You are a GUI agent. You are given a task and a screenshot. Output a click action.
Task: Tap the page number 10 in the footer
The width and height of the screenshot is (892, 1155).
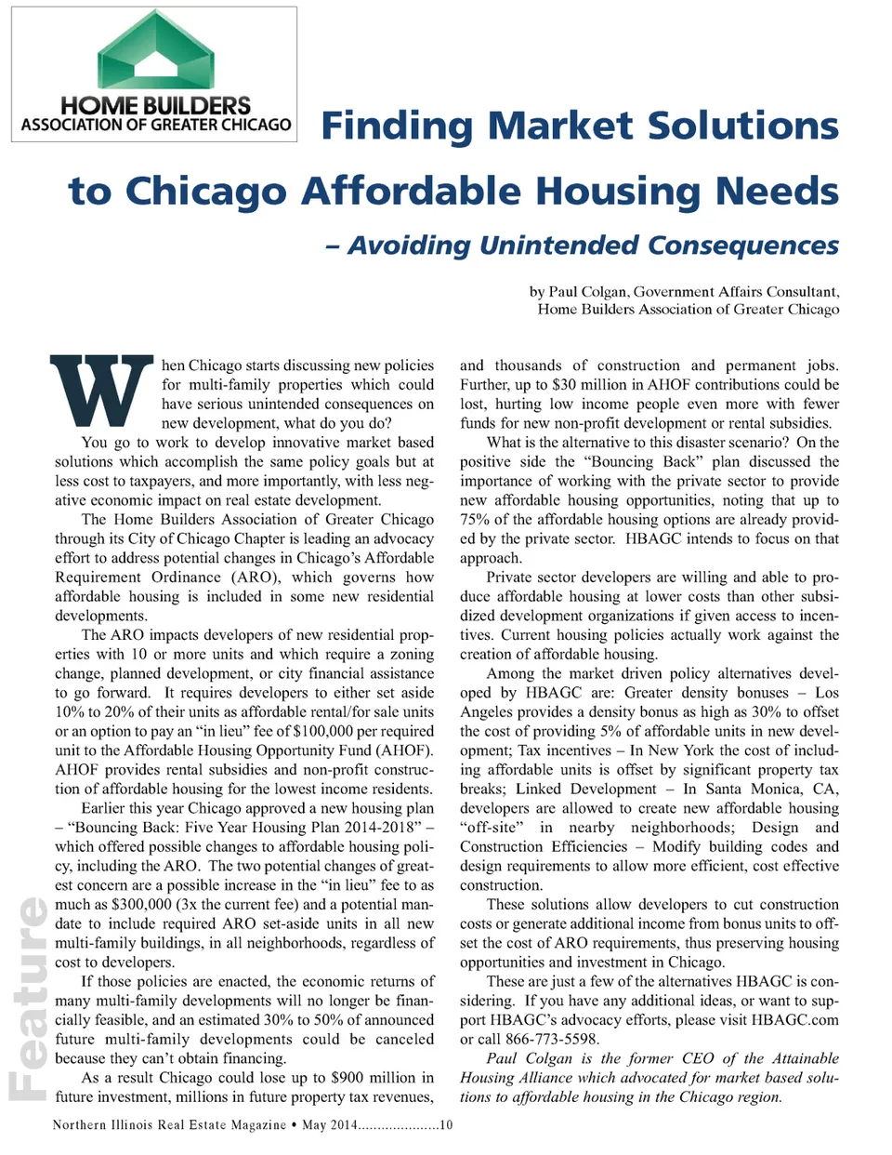click(446, 1125)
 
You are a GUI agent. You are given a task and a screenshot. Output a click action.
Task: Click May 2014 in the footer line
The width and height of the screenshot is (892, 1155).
click(329, 1125)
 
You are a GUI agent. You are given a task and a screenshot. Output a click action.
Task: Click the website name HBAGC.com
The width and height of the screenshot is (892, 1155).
click(794, 1020)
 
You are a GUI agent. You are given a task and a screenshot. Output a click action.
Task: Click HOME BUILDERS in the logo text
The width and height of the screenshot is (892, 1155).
click(155, 106)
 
